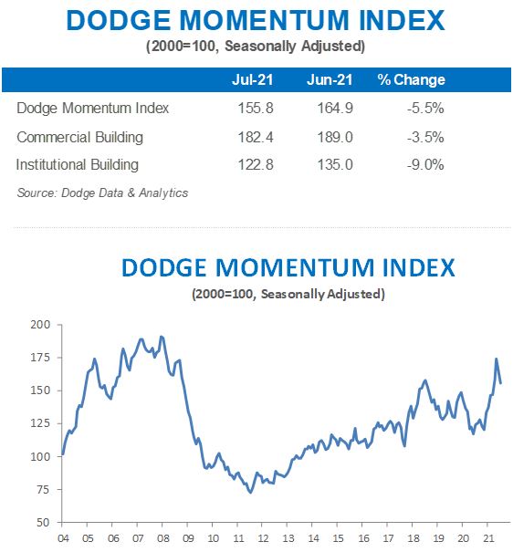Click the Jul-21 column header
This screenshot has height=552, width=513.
(x=254, y=80)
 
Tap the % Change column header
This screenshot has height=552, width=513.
(x=411, y=80)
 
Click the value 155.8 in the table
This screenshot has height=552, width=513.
(x=254, y=109)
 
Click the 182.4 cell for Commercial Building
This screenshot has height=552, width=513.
(x=254, y=137)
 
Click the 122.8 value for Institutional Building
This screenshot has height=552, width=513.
(x=254, y=165)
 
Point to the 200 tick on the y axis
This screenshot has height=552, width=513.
(x=39, y=325)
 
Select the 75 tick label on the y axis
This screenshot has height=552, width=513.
(x=42, y=490)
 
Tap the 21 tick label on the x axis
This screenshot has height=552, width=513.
(x=487, y=536)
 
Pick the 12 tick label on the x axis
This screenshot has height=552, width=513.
(x=262, y=536)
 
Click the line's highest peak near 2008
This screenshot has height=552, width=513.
(x=162, y=337)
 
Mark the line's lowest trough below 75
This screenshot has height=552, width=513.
(x=250, y=493)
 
